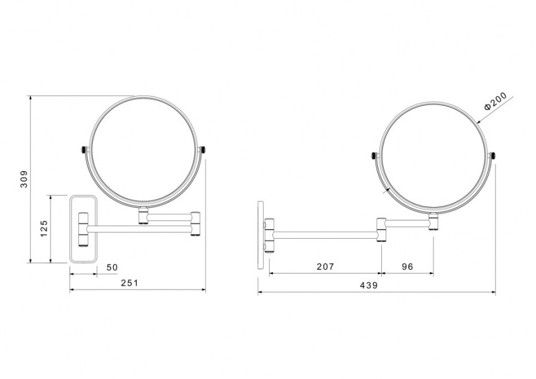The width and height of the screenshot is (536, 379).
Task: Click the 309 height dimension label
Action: [24, 179]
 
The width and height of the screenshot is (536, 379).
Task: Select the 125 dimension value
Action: [44, 229]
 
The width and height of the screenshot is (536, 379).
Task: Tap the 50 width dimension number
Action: [112, 267]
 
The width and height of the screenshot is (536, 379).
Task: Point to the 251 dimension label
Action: [130, 283]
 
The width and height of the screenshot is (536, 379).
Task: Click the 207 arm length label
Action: [325, 267]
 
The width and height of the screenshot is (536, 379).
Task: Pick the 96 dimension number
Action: [407, 267]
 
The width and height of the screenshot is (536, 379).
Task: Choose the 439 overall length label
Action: [369, 285]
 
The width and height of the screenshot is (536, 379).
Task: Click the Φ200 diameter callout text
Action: [496, 102]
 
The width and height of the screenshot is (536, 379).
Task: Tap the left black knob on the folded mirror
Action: [83, 150]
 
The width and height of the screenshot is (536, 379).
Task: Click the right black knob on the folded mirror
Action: [204, 150]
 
